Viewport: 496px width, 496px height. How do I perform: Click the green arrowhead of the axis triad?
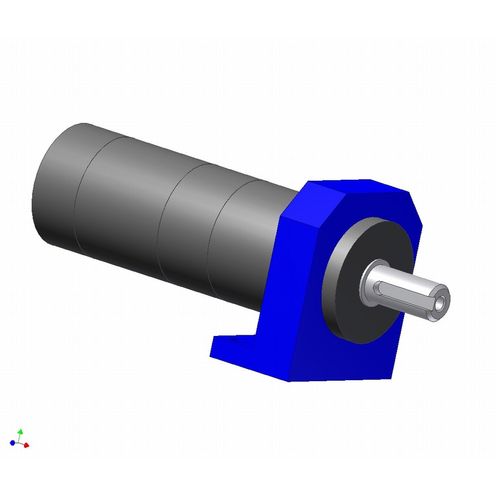click(20, 431)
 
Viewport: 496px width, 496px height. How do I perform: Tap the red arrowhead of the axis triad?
click(26, 446)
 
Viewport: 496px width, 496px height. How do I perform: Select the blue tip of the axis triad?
click(12, 443)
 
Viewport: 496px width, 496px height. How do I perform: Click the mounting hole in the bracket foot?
click(238, 341)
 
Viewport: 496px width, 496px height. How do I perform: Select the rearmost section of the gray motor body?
click(58, 186)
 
